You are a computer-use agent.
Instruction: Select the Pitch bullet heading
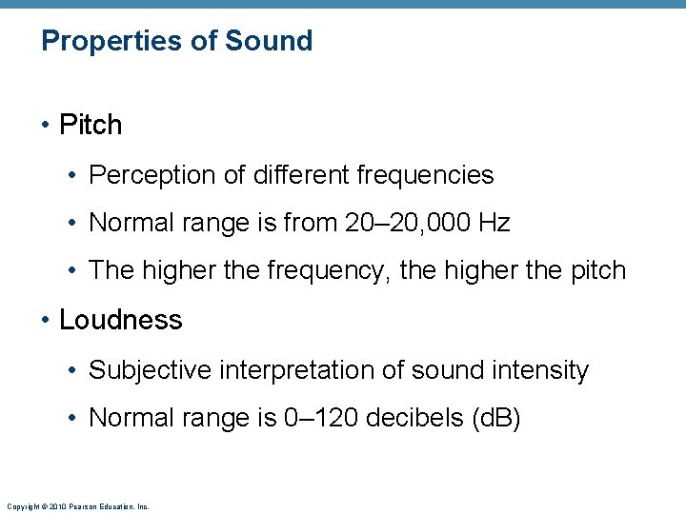pyautogui.click(x=91, y=125)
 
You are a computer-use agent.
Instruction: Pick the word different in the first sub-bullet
pyautogui.click(x=296, y=176)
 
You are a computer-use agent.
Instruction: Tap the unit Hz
pyautogui.click(x=494, y=224)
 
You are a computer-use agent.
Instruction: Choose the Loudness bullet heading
pyautogui.click(x=120, y=320)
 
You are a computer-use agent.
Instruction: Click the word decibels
pyautogui.click(x=421, y=418)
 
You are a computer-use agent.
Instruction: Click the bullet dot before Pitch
pyautogui.click(x=46, y=126)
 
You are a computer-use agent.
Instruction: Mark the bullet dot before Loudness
pyautogui.click(x=46, y=321)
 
